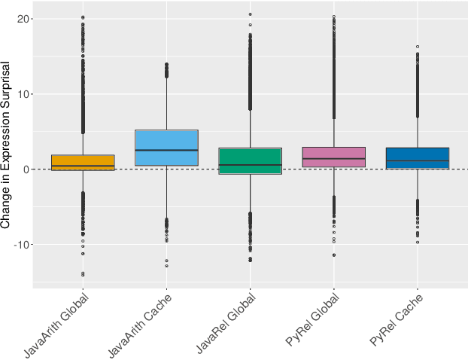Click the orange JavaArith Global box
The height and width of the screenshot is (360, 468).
(83, 163)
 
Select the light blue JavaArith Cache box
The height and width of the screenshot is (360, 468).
(166, 148)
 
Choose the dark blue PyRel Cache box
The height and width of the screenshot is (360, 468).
(418, 158)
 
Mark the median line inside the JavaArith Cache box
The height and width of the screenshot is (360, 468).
(166, 151)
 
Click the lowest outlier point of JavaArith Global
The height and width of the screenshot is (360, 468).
(83, 275)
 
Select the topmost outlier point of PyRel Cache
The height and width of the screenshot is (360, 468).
(418, 47)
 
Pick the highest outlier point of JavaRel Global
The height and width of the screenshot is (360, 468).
(251, 14)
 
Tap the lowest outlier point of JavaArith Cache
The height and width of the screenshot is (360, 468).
(166, 266)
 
